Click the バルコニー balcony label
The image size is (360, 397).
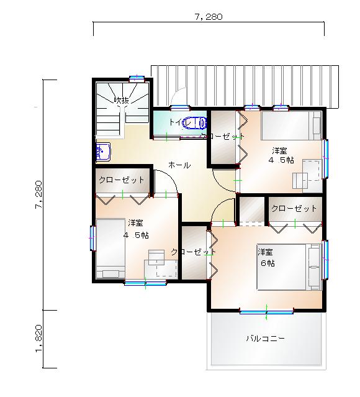[x=265, y=339]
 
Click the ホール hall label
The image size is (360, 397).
[x=179, y=165]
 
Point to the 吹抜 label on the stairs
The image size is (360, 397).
[x=121, y=100]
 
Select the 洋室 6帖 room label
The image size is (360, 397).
[x=267, y=257]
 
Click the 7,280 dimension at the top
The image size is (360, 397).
[x=209, y=17]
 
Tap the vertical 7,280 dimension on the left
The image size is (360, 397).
[x=39, y=195]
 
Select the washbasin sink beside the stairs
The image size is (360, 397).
[x=102, y=151]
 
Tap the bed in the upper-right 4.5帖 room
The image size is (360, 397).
[x=290, y=127]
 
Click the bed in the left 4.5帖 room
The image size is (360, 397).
[x=110, y=249]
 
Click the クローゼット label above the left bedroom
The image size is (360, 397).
[x=122, y=180]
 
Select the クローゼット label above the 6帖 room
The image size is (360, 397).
[x=294, y=208]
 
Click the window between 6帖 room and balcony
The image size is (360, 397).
[x=266, y=311]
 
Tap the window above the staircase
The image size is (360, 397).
[x=137, y=78]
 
